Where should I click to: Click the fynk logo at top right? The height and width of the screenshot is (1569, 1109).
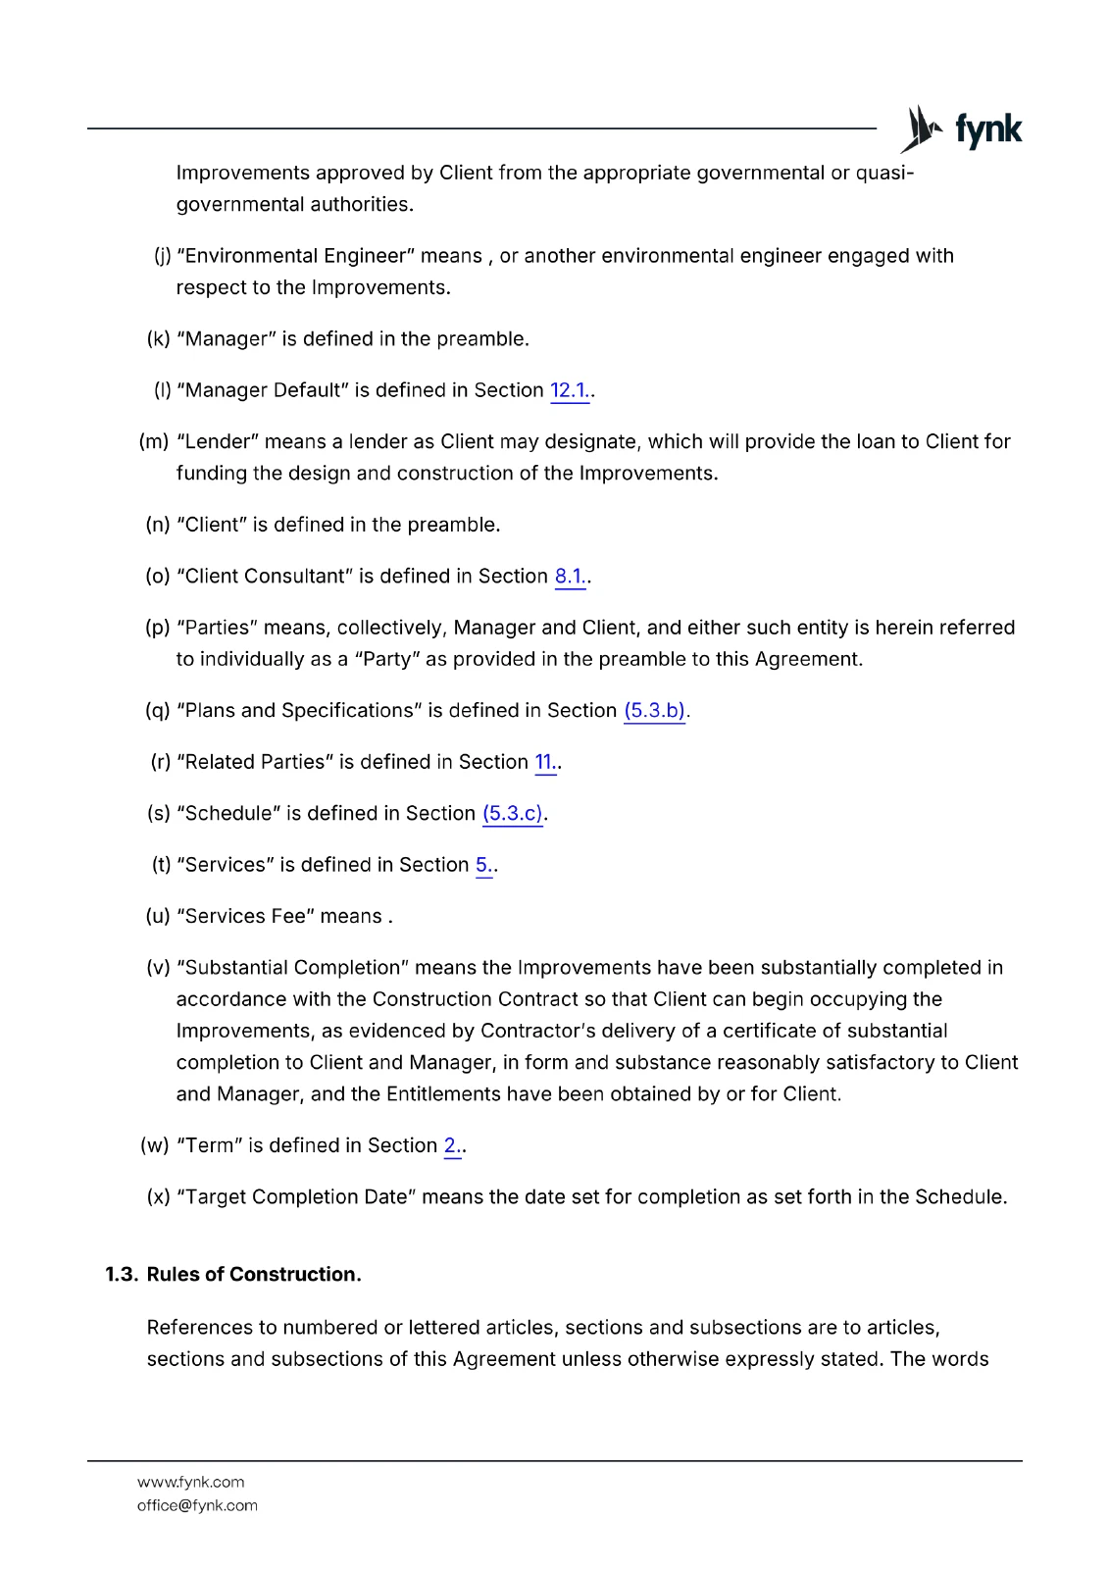coord(962,129)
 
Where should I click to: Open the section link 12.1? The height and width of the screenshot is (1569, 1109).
coord(569,390)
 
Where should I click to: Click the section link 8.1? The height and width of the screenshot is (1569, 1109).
coord(569,577)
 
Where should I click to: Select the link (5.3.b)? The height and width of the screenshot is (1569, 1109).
coord(654,711)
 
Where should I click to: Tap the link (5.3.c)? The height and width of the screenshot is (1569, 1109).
coord(512,814)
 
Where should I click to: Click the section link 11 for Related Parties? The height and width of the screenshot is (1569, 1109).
coord(544,762)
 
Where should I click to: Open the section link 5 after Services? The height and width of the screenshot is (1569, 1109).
coord(482,865)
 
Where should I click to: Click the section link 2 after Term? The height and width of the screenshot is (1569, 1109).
coord(451,1145)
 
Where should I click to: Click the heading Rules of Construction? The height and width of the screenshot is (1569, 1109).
coord(254,1274)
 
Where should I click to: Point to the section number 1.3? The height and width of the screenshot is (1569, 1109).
coord(122,1274)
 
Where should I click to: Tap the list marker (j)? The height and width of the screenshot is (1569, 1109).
coord(163,256)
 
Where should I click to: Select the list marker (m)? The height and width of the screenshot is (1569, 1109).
coord(155,442)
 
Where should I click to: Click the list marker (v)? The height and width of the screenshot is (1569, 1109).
coord(159,968)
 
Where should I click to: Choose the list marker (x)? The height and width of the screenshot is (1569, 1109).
coord(159,1197)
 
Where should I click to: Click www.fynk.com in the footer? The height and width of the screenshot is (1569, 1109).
coord(191,1482)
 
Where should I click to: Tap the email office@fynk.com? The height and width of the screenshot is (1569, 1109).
coord(197,1505)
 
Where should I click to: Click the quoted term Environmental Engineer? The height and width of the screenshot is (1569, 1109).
coord(296,256)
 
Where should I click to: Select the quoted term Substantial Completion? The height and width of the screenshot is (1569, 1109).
coord(292,968)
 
